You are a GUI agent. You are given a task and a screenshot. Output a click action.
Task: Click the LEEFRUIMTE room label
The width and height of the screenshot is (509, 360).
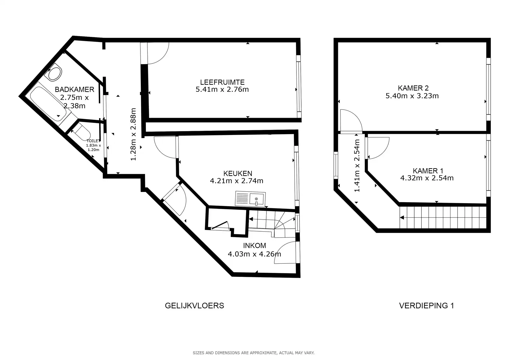pyautogui.click(x=222, y=82)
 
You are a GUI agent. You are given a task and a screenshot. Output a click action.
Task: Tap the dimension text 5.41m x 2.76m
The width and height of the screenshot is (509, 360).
pyautogui.click(x=222, y=89)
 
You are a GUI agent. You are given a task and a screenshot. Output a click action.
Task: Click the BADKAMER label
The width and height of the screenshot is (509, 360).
pyautogui.click(x=74, y=89)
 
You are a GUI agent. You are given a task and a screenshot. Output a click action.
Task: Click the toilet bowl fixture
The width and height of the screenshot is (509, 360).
pyautogui.click(x=82, y=131)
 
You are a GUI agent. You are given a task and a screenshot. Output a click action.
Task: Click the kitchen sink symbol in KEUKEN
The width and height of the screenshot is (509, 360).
pyautogui.click(x=250, y=199)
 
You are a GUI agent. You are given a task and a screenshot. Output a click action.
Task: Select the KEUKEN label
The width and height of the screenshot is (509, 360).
pyautogui.click(x=238, y=173)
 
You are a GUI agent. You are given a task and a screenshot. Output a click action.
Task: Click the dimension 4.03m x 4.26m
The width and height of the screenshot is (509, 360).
pyautogui.click(x=254, y=254)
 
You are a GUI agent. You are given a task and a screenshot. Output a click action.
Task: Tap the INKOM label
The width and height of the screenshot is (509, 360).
pyautogui.click(x=254, y=246)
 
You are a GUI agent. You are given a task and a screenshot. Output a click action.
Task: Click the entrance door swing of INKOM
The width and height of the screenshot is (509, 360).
pyautogui.click(x=287, y=253)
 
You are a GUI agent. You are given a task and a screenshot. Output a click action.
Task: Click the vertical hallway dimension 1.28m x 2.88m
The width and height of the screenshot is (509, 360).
pyautogui.click(x=134, y=134)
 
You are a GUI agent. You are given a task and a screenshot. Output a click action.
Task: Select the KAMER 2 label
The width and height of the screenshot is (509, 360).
pyautogui.click(x=413, y=88)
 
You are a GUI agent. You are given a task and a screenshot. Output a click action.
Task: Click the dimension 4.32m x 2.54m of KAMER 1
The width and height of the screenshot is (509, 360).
pyautogui.click(x=427, y=178)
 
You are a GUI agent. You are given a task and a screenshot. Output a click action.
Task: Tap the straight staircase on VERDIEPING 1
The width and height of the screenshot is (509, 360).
pyautogui.click(x=443, y=217)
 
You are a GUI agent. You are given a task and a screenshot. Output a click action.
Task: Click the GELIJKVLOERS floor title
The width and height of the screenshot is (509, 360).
pyautogui.click(x=194, y=306)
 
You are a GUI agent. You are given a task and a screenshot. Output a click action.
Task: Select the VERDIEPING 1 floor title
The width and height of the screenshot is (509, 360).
pyautogui.click(x=426, y=306)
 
